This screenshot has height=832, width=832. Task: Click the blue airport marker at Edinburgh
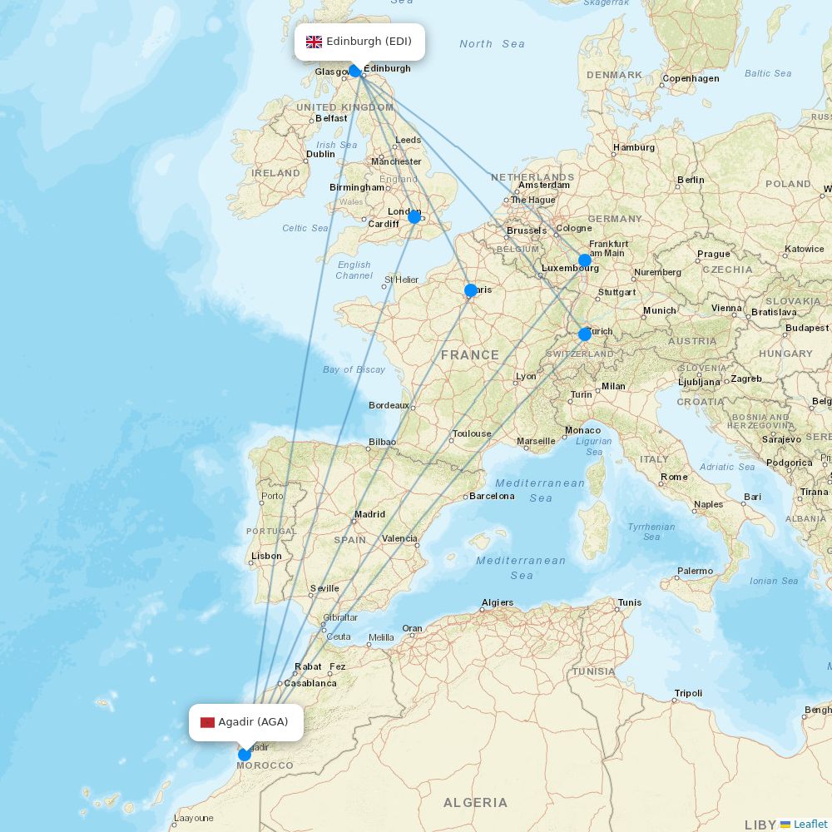[355, 71]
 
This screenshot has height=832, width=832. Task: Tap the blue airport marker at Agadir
[244, 755]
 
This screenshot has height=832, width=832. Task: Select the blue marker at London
[414, 217]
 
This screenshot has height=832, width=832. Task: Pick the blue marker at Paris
[471, 290]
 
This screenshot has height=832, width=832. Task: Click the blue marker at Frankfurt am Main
[585, 260]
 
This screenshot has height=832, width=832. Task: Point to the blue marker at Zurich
[585, 334]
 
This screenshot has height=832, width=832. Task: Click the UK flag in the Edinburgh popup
[314, 42]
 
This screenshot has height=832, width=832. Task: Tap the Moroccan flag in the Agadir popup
[208, 722]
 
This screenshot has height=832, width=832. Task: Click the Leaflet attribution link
[810, 824]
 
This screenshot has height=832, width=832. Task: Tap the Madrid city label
[369, 514]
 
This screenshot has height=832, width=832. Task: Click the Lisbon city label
[266, 556]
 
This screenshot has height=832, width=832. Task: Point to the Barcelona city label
[492, 496]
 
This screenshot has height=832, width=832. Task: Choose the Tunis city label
[630, 602]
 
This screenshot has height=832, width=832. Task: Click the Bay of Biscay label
[354, 369]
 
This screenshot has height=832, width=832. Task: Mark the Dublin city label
[320, 154]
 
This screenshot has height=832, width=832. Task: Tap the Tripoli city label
[688, 693]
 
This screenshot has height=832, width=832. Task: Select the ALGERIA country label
[475, 802]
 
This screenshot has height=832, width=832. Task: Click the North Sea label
[492, 44]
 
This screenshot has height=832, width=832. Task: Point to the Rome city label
[674, 477]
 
